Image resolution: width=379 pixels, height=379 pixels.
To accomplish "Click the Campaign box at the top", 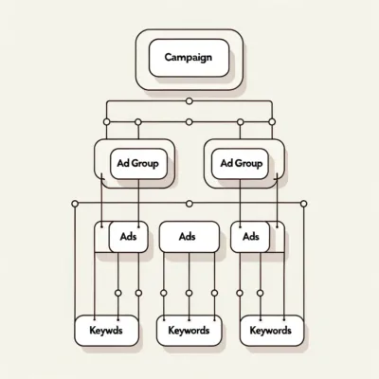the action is [189, 58].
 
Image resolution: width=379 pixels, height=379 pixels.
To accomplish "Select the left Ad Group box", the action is [138, 164].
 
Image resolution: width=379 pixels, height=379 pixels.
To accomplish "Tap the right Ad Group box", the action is [240, 164].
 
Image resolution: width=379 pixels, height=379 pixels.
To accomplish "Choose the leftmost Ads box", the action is [128, 237].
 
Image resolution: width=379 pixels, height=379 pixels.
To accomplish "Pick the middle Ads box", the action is [189, 237].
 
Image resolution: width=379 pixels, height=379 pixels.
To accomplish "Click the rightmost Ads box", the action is [250, 237].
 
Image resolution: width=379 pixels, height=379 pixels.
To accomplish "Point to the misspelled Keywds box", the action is [106, 331].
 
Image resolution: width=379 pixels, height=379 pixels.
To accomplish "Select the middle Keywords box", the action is [189, 331].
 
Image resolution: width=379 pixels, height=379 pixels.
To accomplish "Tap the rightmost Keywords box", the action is [272, 331].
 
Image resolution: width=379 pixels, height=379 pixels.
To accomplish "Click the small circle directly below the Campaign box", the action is [189, 101].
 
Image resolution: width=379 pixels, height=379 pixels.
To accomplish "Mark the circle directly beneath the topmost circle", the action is [189, 122].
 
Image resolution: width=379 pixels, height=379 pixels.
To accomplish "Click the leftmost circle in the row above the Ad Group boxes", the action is [107, 122].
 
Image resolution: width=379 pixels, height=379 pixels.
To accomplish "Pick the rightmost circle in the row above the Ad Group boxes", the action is [272, 122].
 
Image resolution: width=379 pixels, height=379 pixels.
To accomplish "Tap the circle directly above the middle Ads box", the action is [189, 204].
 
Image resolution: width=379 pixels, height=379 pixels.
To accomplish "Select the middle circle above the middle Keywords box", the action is [189, 293].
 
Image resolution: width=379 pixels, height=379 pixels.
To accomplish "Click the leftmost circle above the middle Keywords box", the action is [163, 293].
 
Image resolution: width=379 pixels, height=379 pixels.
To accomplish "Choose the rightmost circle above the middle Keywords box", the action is [214, 293].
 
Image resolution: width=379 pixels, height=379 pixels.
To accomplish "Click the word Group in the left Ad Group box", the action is [145, 164].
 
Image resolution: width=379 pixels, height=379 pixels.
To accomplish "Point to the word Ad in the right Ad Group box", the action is [226, 163].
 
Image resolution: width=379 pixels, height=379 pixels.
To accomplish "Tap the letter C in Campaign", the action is [169, 58].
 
